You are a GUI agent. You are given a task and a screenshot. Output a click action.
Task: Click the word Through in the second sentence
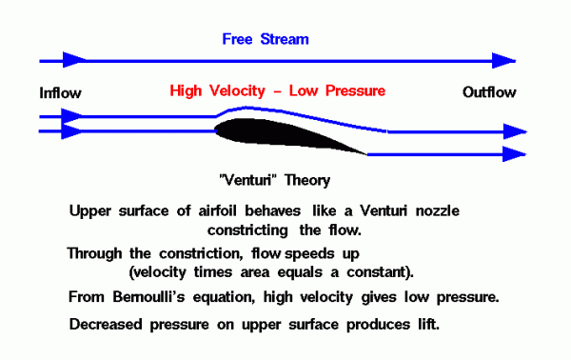[x=96, y=253]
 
